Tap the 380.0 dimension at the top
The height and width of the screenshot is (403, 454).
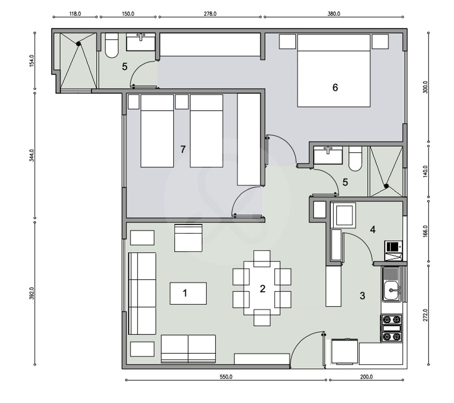point(334,14)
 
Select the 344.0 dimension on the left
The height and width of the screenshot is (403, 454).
point(32,155)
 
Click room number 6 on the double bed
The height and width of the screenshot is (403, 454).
point(335,87)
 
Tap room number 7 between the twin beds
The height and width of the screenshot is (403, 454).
point(183,149)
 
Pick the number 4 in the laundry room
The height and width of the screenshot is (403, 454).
point(372,230)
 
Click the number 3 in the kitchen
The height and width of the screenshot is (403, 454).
point(362,296)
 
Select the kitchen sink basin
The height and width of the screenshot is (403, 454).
point(391,291)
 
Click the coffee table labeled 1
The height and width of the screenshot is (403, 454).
point(188,293)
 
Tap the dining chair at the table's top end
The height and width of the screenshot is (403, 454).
point(262,259)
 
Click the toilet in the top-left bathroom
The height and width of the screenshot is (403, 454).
point(111,45)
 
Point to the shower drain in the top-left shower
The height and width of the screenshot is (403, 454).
point(78,44)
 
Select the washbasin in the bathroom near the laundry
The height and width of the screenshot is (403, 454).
point(328,155)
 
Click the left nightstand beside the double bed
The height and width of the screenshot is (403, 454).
point(287,42)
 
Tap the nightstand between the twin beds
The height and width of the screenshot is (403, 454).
point(182,102)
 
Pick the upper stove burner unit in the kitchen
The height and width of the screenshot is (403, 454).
point(391,319)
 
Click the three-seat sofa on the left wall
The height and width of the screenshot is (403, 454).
point(142,294)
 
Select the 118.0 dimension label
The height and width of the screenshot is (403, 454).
point(75,14)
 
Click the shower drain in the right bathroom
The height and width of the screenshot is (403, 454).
point(386,186)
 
